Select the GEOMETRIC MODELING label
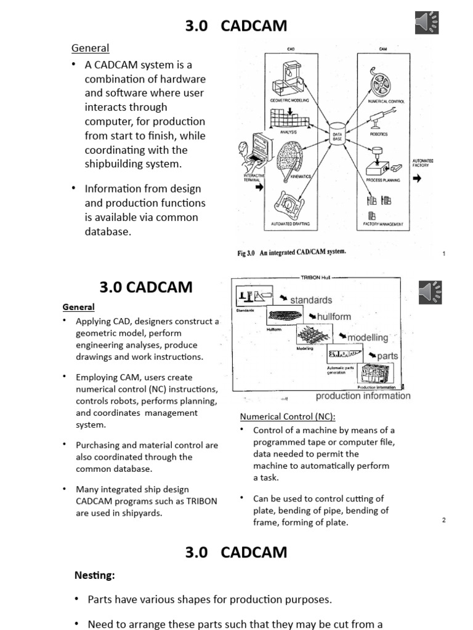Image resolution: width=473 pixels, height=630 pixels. click(x=289, y=99)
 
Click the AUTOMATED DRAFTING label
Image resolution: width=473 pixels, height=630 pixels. click(x=289, y=225)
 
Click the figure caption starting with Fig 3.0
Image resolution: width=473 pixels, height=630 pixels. click(x=291, y=252)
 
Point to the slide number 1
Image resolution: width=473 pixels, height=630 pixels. click(x=444, y=253)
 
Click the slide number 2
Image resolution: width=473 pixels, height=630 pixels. click(x=443, y=520)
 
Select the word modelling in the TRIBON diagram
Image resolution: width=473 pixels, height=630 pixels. click(x=368, y=337)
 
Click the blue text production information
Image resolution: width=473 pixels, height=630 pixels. click(x=363, y=396)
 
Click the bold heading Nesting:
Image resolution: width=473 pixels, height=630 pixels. click(x=95, y=575)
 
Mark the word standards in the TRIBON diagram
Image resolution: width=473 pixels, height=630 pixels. click(x=311, y=300)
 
